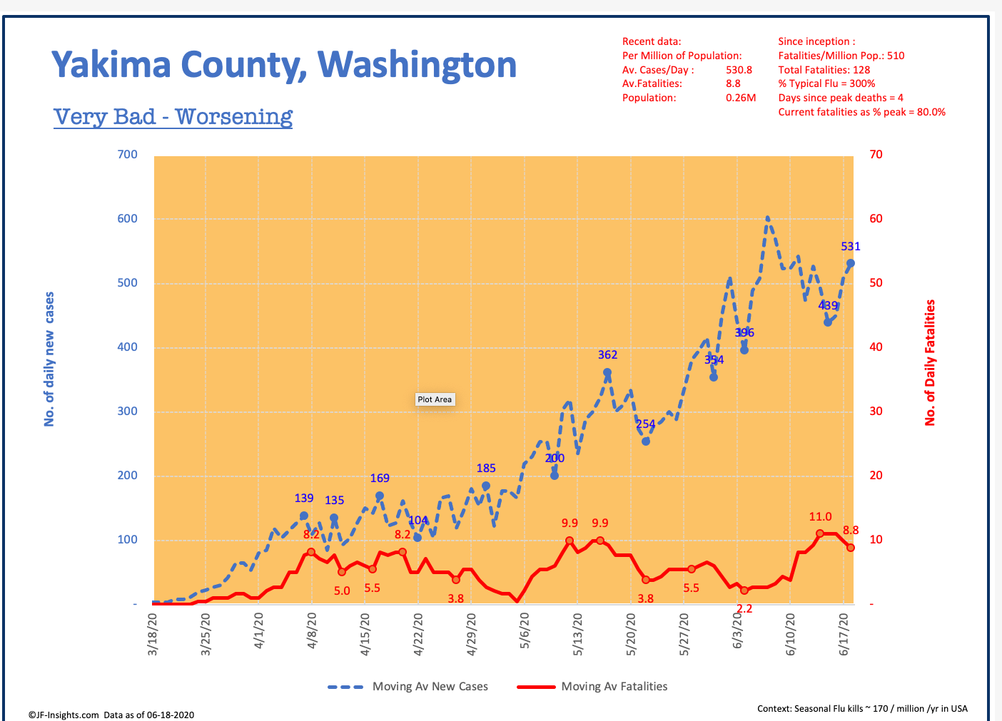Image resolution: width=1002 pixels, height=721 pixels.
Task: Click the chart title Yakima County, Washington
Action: (x=284, y=64)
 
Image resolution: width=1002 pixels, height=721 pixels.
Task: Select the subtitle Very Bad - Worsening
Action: (x=173, y=116)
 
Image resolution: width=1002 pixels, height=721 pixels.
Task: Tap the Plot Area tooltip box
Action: (x=435, y=399)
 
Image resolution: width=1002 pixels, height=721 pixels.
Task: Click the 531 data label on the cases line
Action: (x=851, y=247)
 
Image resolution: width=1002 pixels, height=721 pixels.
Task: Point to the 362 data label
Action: (x=607, y=355)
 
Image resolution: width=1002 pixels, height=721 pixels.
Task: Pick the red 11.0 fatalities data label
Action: (x=820, y=517)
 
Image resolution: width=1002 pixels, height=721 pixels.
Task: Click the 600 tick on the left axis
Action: (x=128, y=219)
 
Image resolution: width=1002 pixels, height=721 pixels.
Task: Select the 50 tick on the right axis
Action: (x=876, y=283)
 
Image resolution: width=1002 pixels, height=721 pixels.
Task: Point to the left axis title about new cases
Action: (x=49, y=359)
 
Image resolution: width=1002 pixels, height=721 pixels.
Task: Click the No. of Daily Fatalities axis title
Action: (x=930, y=362)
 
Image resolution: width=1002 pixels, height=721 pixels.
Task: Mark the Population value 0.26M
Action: (x=741, y=98)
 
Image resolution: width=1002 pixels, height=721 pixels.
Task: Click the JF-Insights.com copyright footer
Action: (x=111, y=715)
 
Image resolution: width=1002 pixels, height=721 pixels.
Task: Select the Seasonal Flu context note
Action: (x=862, y=708)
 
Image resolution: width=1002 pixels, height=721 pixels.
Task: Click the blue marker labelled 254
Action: (x=646, y=441)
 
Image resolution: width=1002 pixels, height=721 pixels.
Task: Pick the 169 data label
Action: (x=380, y=479)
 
